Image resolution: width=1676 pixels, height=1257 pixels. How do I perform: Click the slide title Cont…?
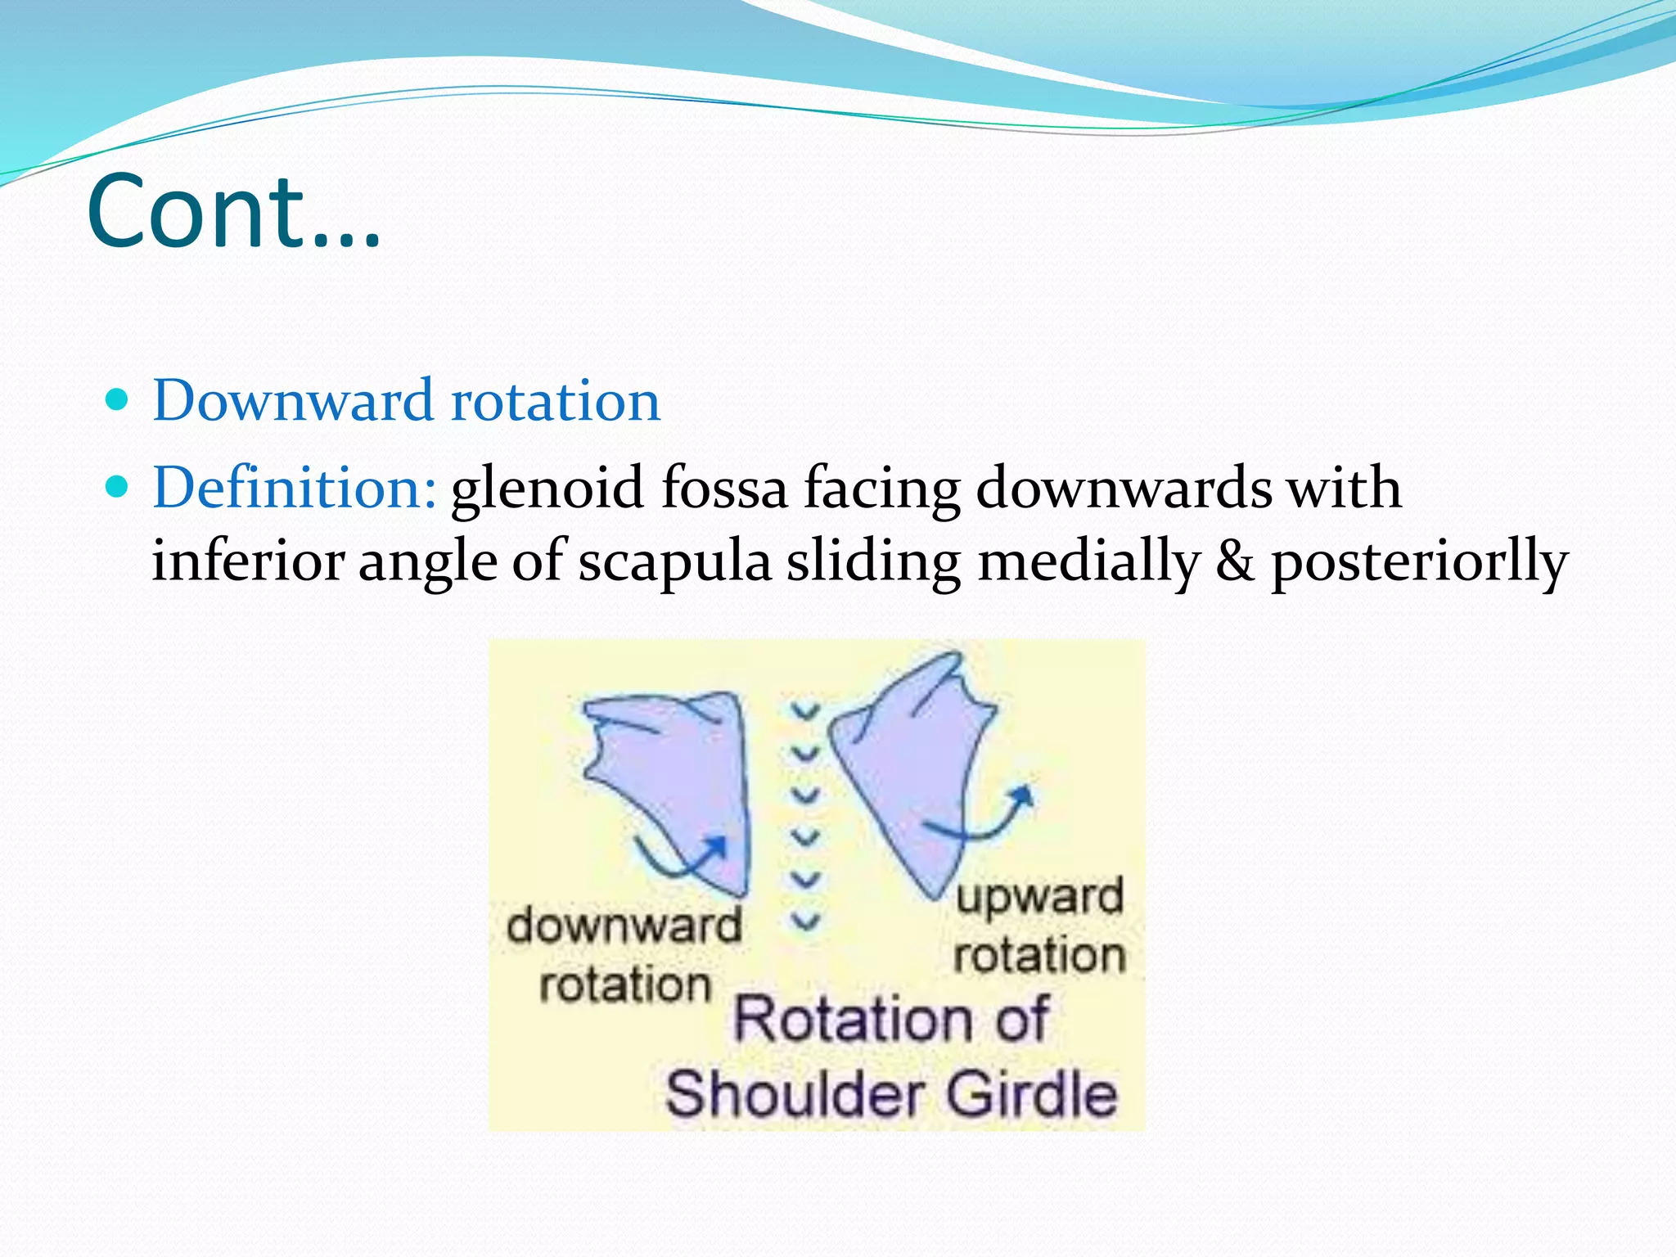pos(233,211)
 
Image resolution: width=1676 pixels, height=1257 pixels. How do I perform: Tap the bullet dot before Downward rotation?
pos(118,400)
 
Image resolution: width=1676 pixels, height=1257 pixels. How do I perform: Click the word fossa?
pos(724,489)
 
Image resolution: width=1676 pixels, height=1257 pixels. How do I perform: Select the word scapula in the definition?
pos(675,562)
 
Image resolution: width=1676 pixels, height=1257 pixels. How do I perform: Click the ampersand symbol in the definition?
pos(1235,562)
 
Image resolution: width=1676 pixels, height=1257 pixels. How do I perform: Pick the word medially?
pos(1088,564)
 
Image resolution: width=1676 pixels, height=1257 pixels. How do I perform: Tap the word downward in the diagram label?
pos(624,927)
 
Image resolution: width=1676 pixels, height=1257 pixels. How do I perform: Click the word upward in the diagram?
pos(1039,897)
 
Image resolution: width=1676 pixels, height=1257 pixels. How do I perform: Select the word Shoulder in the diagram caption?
pos(791,1094)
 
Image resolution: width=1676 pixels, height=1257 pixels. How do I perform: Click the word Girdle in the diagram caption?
pos(1032,1094)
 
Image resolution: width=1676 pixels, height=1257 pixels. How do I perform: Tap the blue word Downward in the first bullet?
pos(293,401)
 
